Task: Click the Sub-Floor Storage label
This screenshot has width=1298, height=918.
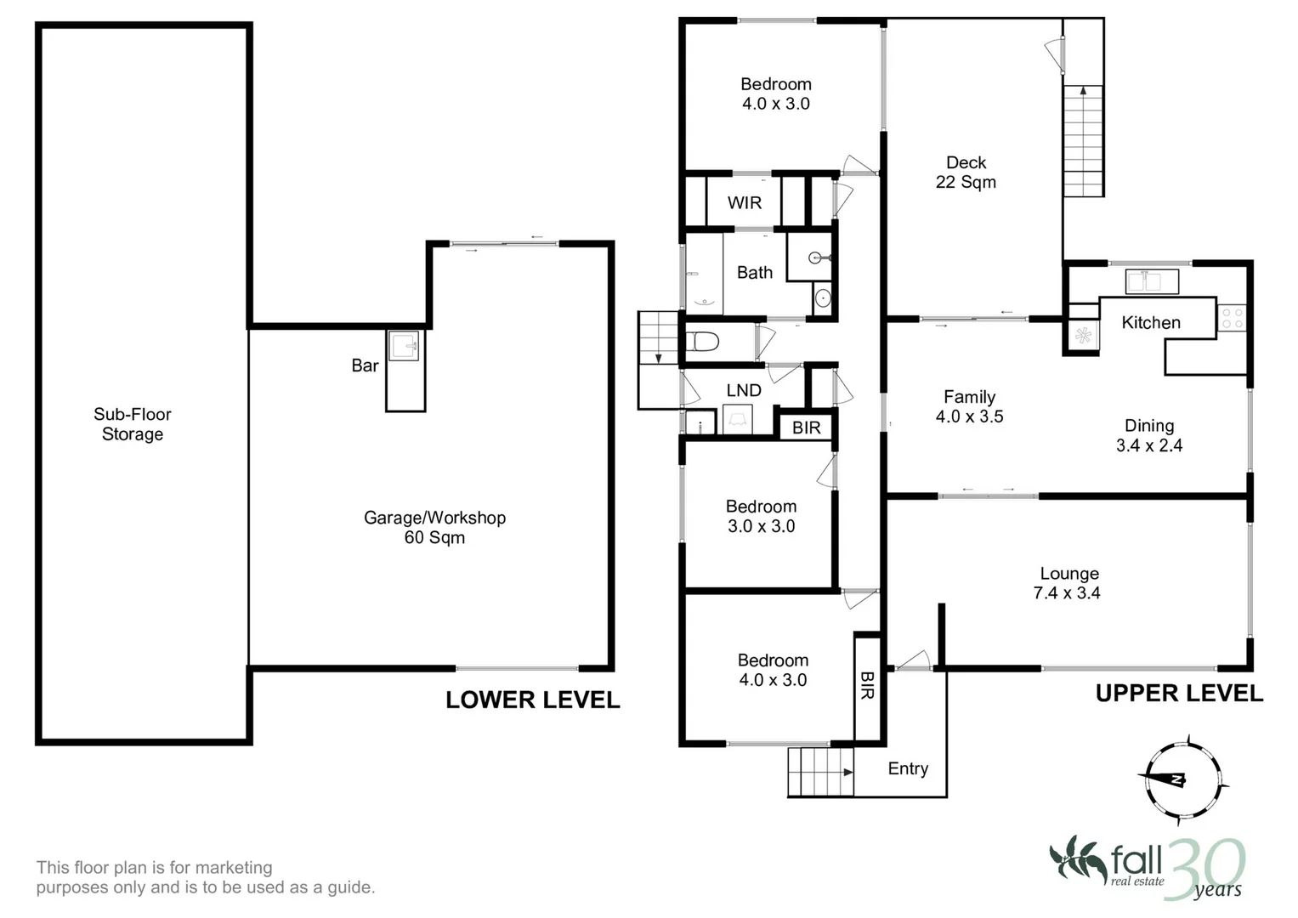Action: tap(132, 423)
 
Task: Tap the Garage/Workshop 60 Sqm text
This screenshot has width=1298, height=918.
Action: tap(434, 527)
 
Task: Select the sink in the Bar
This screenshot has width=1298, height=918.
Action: tap(403, 346)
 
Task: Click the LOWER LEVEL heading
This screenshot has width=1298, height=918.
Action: tap(532, 700)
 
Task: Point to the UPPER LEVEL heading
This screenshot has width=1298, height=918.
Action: tap(1179, 693)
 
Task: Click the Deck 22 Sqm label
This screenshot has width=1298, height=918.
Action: tap(966, 172)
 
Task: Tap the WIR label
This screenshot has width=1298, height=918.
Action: tap(745, 203)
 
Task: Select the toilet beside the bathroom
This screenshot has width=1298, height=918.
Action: tap(702, 342)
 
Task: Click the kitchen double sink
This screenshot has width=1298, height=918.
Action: tap(1152, 281)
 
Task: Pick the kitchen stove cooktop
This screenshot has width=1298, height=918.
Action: tap(1232, 318)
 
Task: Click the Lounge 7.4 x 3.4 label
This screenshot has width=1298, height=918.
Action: tap(1068, 583)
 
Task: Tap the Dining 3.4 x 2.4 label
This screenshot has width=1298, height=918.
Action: tap(1149, 435)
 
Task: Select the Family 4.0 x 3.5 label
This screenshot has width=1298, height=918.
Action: tap(969, 406)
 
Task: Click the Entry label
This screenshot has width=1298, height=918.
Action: tap(908, 768)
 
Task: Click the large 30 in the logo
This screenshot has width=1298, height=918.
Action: tap(1204, 868)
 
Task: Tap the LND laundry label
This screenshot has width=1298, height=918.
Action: tap(744, 390)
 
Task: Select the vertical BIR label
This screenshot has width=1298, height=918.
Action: tap(867, 685)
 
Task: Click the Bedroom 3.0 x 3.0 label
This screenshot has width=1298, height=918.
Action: tap(762, 517)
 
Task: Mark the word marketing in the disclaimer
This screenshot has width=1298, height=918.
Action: tap(234, 868)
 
